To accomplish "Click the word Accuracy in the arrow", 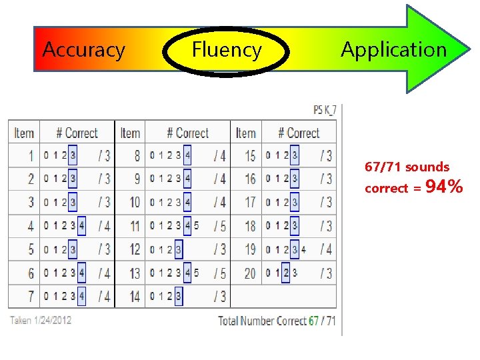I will click(83, 50).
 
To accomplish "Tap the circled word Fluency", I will click(227, 50).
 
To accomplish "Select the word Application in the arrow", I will click(393, 50).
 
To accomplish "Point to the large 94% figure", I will click(444, 187).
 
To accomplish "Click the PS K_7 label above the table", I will click(325, 109).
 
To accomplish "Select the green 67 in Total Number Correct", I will click(313, 321).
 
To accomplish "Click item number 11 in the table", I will click(135, 226).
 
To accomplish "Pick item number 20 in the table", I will click(249, 273).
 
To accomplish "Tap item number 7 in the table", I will click(30, 296).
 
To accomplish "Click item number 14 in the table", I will click(135, 296).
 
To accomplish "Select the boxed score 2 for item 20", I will click(286, 273).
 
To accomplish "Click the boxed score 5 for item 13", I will click(196, 273).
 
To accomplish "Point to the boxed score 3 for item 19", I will click(295, 249).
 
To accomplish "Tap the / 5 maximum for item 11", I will click(219, 226).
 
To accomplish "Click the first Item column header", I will click(24, 133).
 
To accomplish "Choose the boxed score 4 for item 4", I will click(81, 226).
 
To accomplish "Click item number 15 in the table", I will click(249, 156).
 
